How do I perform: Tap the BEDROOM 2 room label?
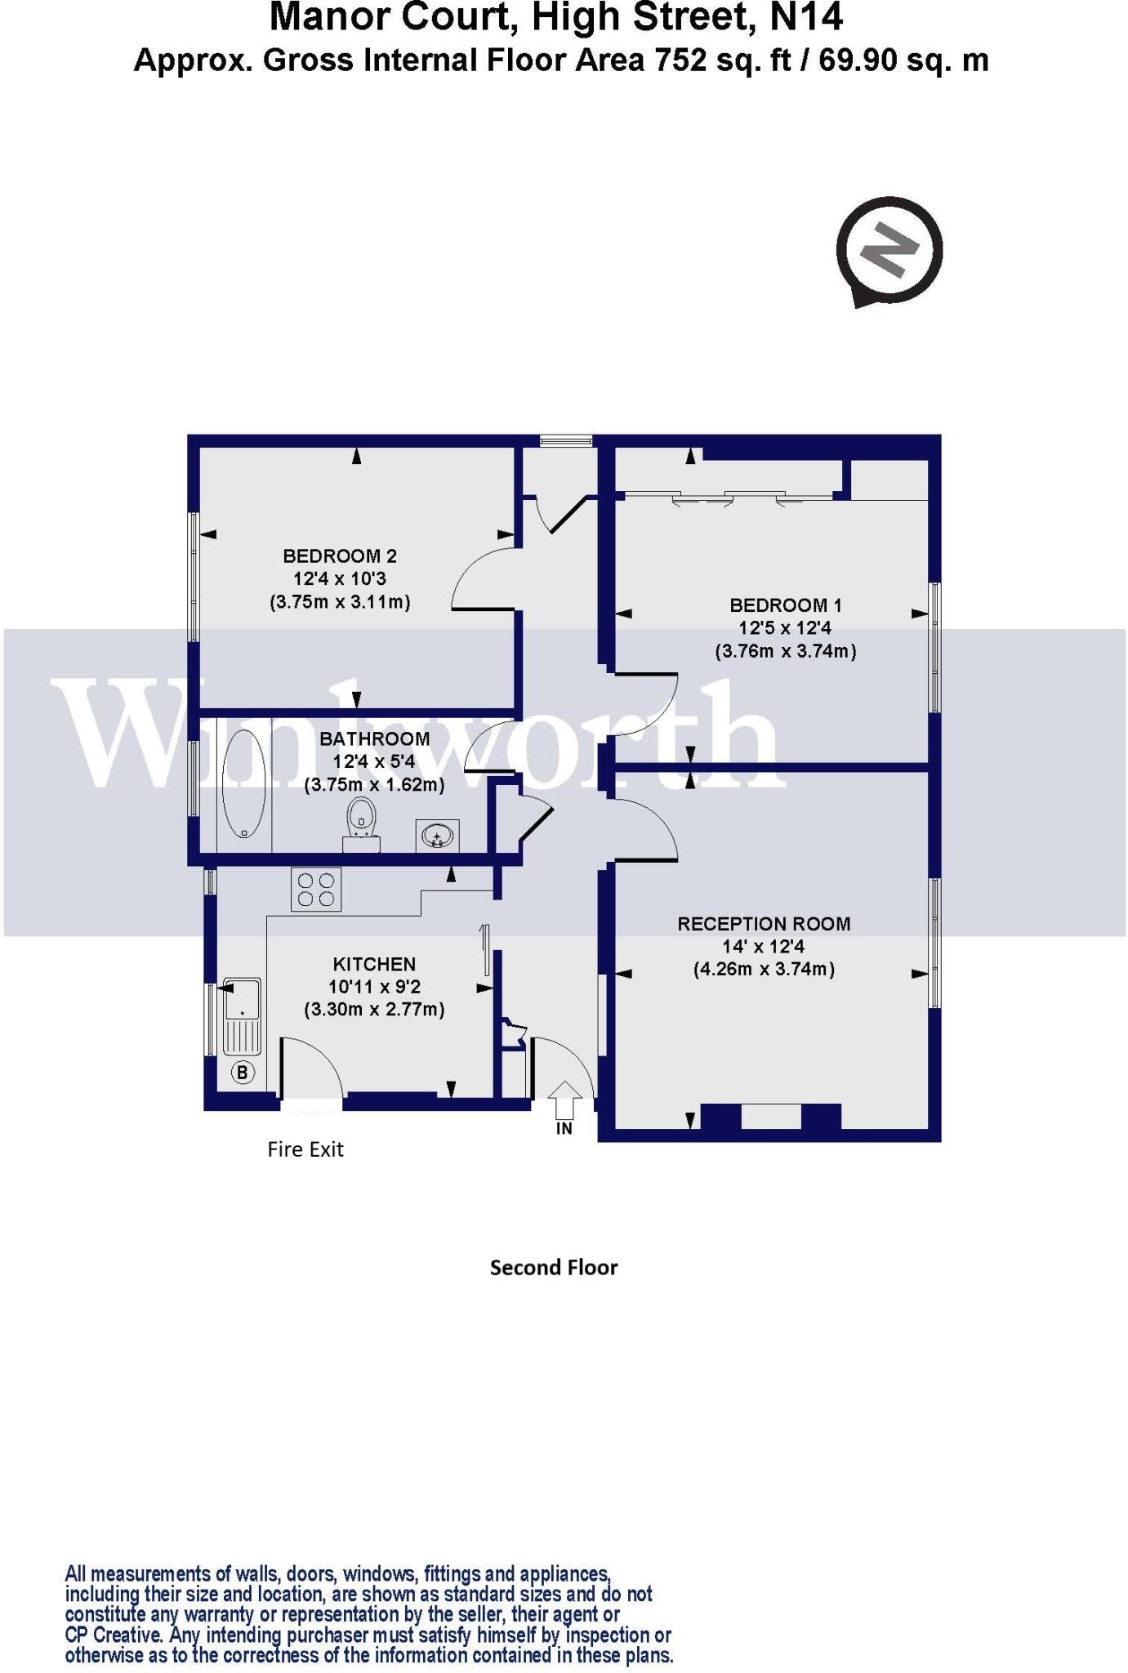(x=340, y=556)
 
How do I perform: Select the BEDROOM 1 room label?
(x=785, y=605)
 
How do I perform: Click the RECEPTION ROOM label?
(x=764, y=924)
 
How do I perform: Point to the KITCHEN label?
(x=374, y=964)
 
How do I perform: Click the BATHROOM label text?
(x=374, y=738)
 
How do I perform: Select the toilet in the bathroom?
(x=361, y=823)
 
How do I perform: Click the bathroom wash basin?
(x=437, y=836)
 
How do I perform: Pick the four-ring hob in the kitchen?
(x=316, y=889)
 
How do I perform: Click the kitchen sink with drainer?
(x=242, y=1015)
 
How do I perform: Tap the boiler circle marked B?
(x=243, y=1072)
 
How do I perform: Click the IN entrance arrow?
(x=564, y=1103)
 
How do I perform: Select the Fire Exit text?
(x=305, y=1149)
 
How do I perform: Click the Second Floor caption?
(x=554, y=1268)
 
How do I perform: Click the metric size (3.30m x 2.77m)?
(x=374, y=1010)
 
